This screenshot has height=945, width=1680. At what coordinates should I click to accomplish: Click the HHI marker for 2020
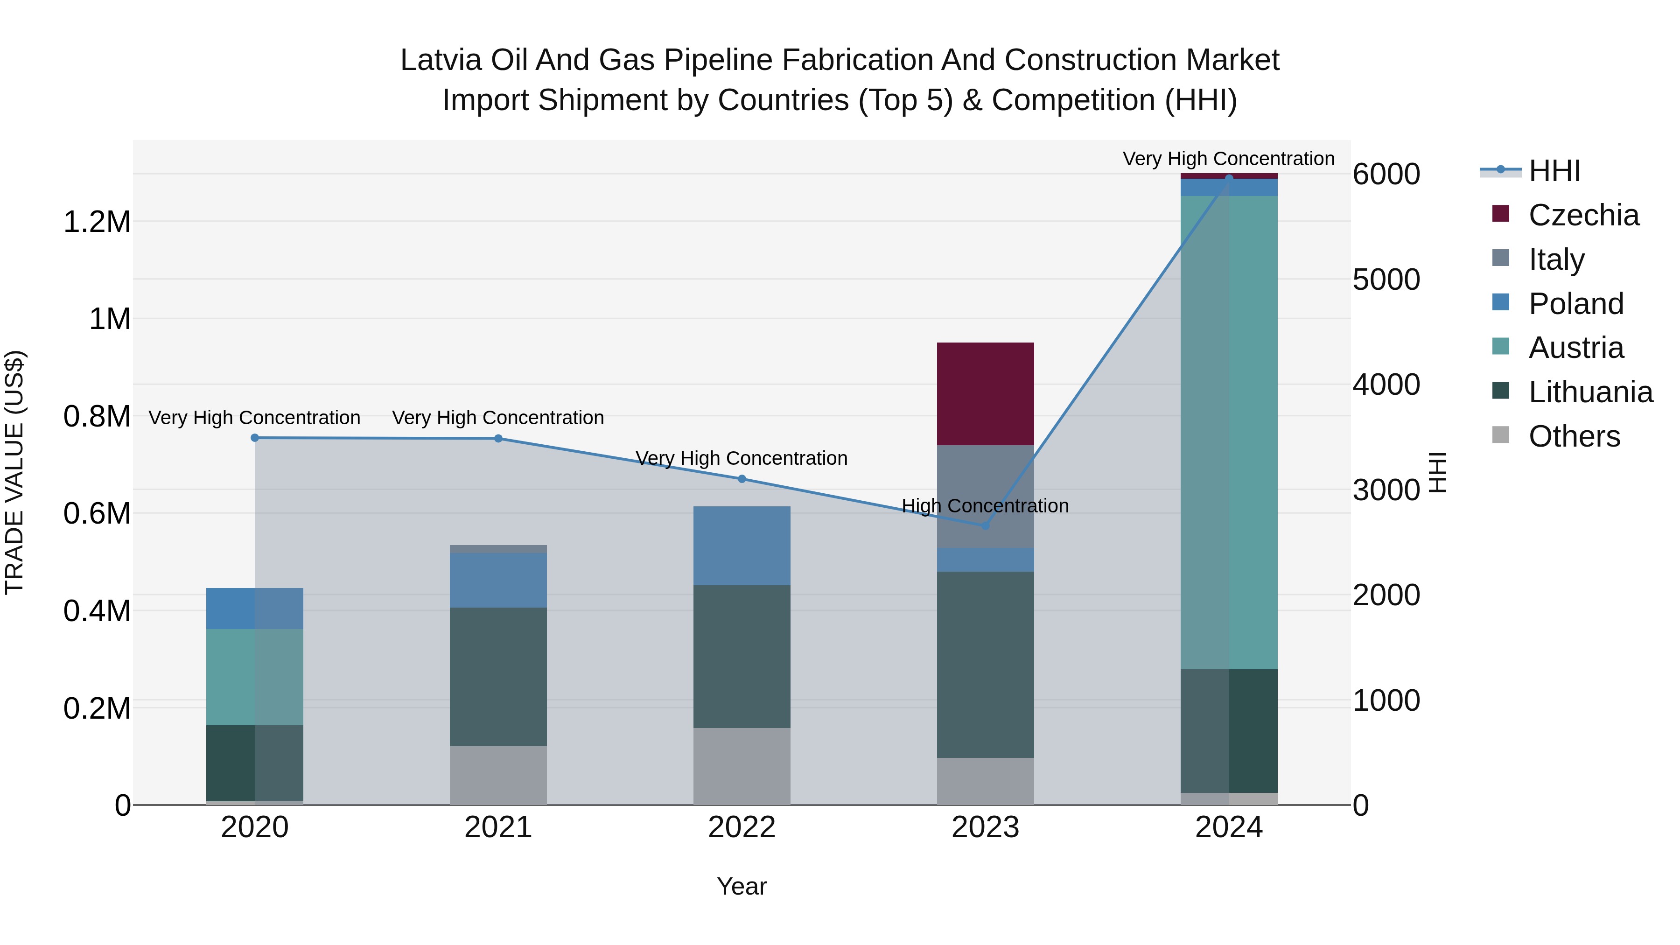click(x=255, y=438)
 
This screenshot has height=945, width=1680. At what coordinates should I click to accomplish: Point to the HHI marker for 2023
click(x=986, y=525)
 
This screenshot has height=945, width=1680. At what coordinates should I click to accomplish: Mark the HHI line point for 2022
click(x=742, y=479)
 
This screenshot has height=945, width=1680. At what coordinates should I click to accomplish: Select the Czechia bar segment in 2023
click(x=986, y=394)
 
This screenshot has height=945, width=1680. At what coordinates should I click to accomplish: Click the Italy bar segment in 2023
click(x=986, y=496)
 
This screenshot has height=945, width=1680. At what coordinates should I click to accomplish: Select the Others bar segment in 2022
click(x=742, y=766)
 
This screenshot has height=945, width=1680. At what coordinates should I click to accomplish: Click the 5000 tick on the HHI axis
click(x=1386, y=280)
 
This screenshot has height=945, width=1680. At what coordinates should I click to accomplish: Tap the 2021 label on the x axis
click(x=498, y=827)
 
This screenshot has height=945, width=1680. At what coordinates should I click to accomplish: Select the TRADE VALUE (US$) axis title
click(x=14, y=472)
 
